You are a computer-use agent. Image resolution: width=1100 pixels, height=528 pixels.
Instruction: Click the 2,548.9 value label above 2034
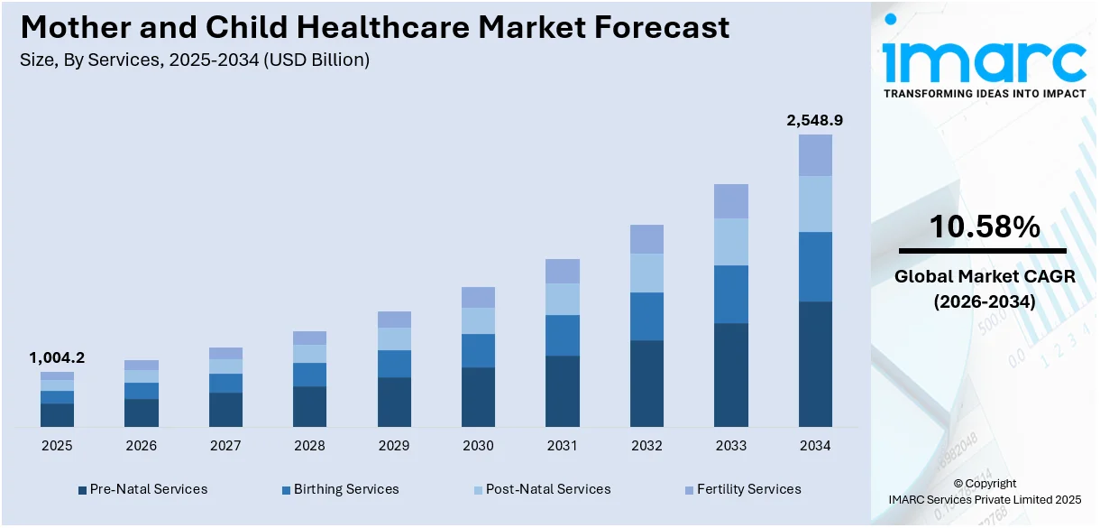click(814, 120)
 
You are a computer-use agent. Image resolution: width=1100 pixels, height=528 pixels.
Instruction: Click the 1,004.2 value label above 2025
click(57, 357)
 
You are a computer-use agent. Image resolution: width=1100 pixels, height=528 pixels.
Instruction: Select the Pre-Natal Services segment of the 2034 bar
click(815, 364)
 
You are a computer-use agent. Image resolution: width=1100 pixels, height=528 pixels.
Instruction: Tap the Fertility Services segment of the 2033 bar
click(731, 201)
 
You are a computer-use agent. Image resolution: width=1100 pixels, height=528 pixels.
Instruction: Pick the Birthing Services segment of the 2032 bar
click(646, 316)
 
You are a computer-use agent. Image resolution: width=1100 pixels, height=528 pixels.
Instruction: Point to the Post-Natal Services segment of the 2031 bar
click(563, 299)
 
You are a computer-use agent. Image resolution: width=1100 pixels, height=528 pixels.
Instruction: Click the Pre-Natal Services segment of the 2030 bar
click(478, 396)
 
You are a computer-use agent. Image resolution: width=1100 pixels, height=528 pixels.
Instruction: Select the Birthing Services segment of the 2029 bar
click(394, 364)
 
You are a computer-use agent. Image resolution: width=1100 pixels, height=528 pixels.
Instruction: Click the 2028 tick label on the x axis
click(309, 446)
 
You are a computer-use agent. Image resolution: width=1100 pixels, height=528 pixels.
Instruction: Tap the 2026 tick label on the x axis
click(141, 446)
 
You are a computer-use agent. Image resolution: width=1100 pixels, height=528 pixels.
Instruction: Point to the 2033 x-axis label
click(731, 446)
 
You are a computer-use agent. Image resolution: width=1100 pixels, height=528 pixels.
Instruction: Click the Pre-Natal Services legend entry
click(142, 489)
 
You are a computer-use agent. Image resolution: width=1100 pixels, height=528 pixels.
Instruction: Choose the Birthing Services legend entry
click(339, 489)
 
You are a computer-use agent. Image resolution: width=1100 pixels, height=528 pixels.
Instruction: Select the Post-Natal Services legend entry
click(541, 489)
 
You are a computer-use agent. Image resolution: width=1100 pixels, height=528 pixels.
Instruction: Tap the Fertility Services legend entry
click(742, 489)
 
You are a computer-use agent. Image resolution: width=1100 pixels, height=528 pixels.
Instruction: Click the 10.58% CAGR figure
click(984, 228)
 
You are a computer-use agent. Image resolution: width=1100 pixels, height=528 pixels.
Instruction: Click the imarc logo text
click(984, 60)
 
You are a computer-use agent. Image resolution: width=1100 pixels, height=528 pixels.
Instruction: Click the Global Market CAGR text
click(984, 277)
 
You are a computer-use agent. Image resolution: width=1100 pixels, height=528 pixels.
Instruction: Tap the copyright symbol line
click(984, 483)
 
